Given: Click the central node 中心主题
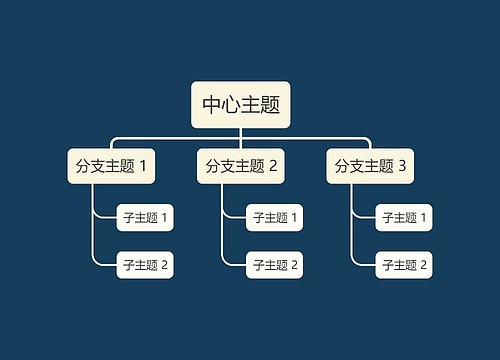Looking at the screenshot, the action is pyautogui.click(x=240, y=104).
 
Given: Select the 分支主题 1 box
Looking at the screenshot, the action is pyautogui.click(x=111, y=166).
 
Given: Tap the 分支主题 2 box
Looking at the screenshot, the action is pyautogui.click(x=240, y=166).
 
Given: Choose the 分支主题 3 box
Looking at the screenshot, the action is pyautogui.click(x=370, y=166).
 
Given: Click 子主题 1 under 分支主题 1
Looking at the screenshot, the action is pyautogui.click(x=145, y=217).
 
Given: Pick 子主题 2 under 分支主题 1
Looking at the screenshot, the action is pyautogui.click(x=145, y=265).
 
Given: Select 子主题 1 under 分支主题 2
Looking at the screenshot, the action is pyautogui.click(x=275, y=217).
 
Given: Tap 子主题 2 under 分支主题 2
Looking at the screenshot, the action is pyautogui.click(x=275, y=265).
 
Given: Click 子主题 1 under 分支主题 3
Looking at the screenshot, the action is pyautogui.click(x=404, y=217).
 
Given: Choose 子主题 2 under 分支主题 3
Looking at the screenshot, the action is pyautogui.click(x=404, y=265).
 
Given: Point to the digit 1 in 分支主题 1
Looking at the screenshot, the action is pyautogui.click(x=143, y=166).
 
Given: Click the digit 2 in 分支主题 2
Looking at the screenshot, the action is pyautogui.click(x=272, y=166).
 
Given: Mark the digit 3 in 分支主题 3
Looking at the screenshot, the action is pyautogui.click(x=402, y=166).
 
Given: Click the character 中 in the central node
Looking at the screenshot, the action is pyautogui.click(x=212, y=104).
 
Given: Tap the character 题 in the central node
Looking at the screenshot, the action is pyautogui.click(x=269, y=104).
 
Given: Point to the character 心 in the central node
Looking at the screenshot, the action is pyautogui.click(x=231, y=104).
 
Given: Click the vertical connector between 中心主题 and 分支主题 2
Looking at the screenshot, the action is pyautogui.click(x=240, y=139).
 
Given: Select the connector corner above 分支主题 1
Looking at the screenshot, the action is pyautogui.click(x=113, y=139).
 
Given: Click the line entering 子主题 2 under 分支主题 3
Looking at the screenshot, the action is pyautogui.click(x=366, y=265).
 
